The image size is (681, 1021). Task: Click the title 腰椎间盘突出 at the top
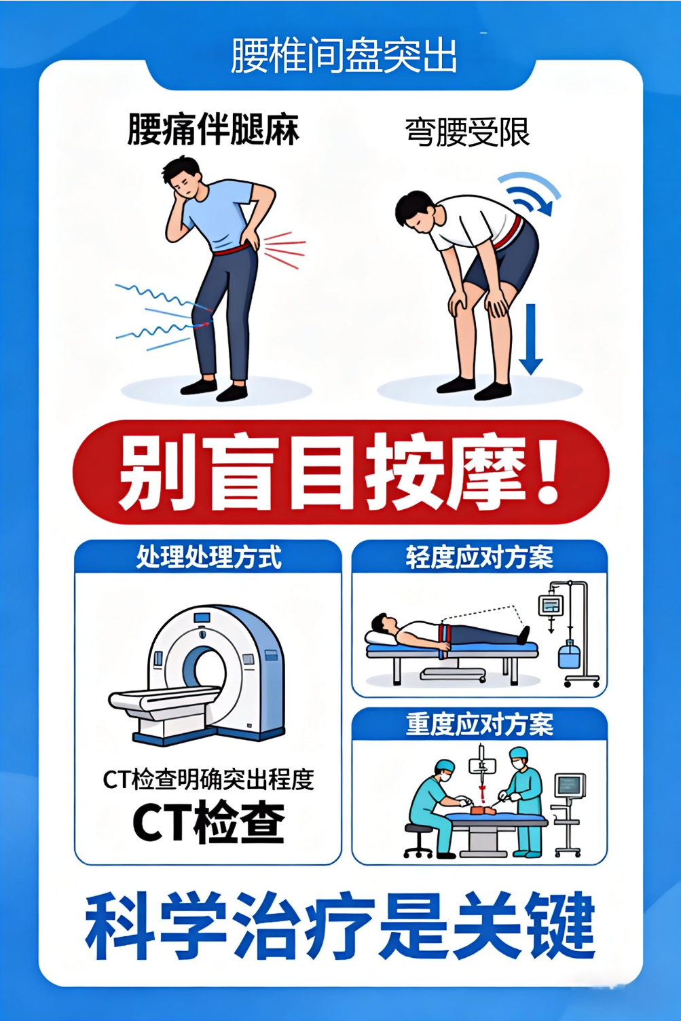coord(344,56)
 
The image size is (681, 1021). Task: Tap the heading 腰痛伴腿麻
coord(213,130)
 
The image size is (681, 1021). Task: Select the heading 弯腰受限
coord(468,132)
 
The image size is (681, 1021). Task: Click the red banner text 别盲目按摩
coord(320,472)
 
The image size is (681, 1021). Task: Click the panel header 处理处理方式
coord(208,557)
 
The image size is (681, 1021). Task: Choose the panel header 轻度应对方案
coord(479,557)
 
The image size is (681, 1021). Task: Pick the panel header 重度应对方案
coord(479,725)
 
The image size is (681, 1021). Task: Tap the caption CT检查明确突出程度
coord(208,779)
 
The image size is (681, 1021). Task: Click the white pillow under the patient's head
coord(380,638)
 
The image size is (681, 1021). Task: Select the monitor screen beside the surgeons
coord(570,785)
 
